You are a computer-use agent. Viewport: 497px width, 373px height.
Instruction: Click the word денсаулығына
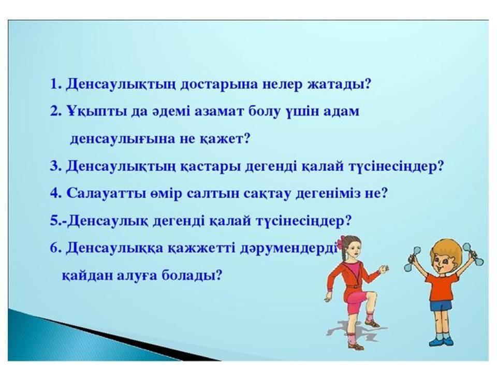[x=122, y=139]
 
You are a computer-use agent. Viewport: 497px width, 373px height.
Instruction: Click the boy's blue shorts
[x=441, y=306]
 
